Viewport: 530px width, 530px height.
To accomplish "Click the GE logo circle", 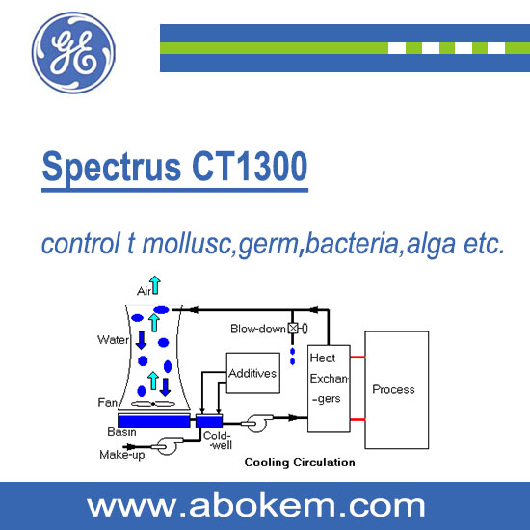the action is [73, 53].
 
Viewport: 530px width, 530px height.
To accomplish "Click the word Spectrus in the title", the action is [112, 168].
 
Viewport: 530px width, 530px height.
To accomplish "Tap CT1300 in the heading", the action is [250, 167].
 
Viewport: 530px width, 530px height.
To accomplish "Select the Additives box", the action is [252, 373].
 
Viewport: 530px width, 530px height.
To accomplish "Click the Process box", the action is [396, 389].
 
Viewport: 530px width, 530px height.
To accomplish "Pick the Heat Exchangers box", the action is [329, 388].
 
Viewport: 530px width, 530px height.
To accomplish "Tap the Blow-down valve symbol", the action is [298, 329].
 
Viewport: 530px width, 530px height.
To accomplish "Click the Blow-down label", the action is [258, 329].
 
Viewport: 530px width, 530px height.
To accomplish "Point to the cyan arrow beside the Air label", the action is [155, 285].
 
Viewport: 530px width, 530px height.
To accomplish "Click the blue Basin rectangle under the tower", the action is [154, 421].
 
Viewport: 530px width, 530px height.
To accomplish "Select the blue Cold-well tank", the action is [209, 421].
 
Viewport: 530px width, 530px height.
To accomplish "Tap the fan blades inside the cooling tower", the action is [153, 403].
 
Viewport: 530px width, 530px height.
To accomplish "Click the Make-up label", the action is [122, 455].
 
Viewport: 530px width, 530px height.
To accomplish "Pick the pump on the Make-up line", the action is [168, 446].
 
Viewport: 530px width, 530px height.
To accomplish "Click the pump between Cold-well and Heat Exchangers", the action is [256, 422].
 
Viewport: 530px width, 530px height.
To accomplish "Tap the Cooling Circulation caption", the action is [300, 463].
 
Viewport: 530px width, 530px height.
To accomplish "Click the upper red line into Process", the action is [358, 358].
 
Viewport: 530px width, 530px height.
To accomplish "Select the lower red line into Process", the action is [358, 420].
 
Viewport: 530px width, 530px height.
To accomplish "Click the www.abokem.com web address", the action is [255, 506].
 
